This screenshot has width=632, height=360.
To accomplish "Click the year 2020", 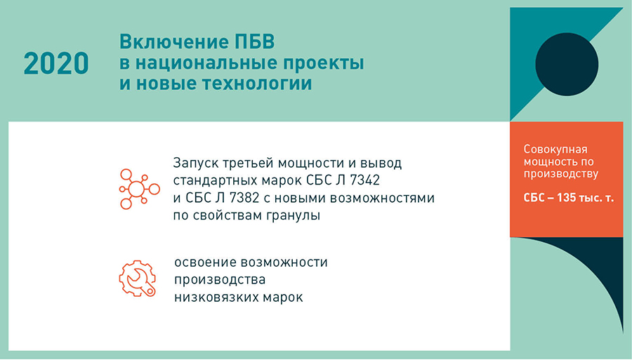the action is (56, 63).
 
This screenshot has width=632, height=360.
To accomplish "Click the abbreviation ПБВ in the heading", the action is (254, 42).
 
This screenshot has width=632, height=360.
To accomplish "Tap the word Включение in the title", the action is (173, 42).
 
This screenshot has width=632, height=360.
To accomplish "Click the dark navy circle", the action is (567, 65).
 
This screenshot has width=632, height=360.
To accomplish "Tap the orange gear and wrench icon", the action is (138, 279).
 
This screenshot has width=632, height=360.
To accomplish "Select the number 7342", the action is (364, 180).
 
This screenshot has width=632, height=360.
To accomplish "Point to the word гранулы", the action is (294, 216).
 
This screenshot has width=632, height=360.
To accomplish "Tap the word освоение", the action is (206, 262).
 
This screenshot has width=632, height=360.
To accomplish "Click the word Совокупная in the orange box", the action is (555, 149).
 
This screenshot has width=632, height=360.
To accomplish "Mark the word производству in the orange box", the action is (561, 174).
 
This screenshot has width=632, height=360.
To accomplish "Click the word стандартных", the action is (216, 180).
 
